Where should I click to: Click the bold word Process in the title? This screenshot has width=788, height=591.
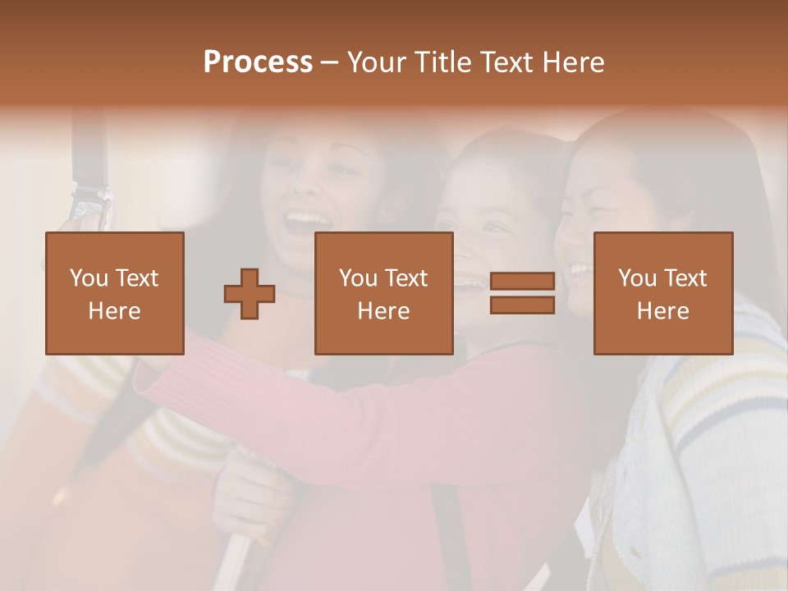tap(258, 62)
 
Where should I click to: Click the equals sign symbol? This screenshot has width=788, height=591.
tap(522, 293)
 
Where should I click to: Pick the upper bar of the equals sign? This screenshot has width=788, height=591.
tap(522, 282)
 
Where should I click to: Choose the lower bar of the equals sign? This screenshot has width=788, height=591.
tap(522, 305)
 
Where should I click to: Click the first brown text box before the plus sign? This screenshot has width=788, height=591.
tap(114, 293)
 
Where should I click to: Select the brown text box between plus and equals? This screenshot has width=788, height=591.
tap(383, 293)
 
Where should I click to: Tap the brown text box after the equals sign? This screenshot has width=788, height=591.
tap(662, 293)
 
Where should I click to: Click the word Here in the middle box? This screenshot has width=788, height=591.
tap(383, 310)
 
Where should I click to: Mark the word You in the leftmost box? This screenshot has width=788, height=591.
tap(89, 278)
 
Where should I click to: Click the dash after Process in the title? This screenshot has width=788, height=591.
tap(329, 62)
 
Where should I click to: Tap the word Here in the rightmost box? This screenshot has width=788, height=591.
tap(662, 310)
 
